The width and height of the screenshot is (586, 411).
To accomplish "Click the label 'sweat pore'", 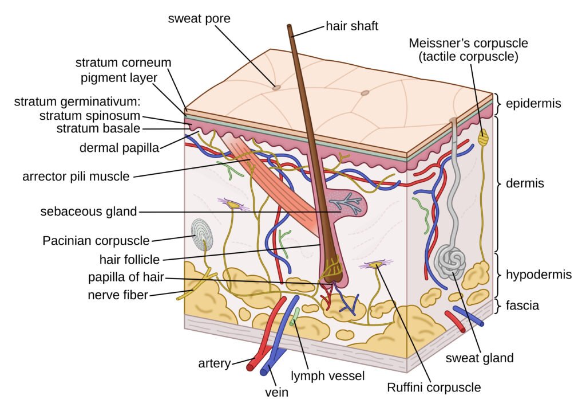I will point(199,18).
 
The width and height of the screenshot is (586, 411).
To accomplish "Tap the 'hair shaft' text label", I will point(352,26).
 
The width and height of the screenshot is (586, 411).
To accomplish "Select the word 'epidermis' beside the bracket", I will point(533,104).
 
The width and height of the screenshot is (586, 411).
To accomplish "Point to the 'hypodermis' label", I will point(539,275).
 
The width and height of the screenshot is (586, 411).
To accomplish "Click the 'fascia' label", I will point(521,306).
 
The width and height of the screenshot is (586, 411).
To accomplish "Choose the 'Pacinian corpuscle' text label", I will point(96,240).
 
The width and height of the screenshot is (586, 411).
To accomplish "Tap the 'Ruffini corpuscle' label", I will point(434,387).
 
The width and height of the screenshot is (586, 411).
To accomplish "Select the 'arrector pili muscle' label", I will point(76,176).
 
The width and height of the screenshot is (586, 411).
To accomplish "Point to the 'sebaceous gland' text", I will point(89,212).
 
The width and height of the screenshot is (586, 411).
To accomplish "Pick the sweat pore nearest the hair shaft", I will point(276,88).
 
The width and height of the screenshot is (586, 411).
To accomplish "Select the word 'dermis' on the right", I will point(525,184).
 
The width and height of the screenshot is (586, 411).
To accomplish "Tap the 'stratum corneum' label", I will point(123,62).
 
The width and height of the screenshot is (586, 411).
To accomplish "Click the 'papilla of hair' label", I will point(126,278).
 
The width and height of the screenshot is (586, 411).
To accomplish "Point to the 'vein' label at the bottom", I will point(276,393).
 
